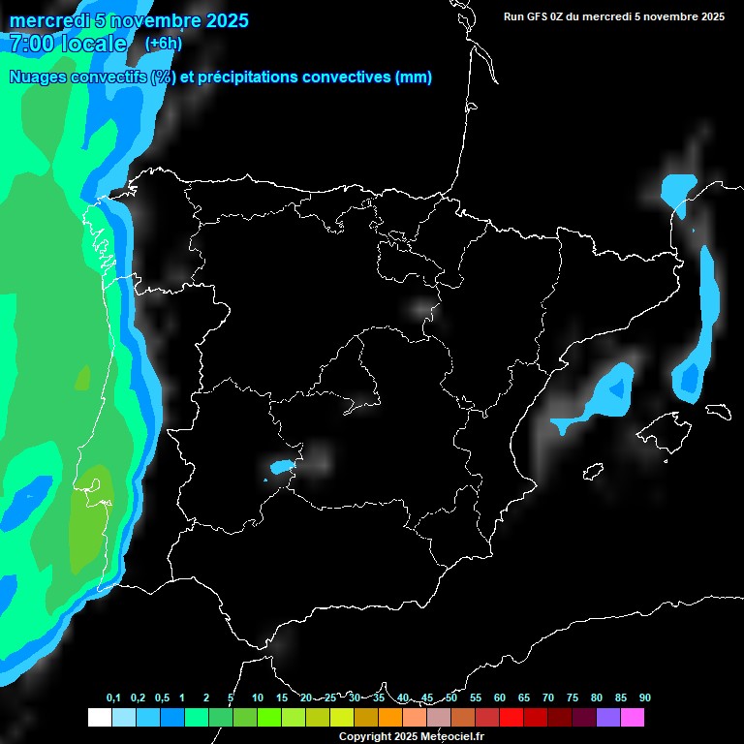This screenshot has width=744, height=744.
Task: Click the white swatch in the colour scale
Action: [99, 717]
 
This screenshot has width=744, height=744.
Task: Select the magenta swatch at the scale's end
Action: [633, 717]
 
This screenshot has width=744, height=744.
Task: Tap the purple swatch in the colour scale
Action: [608, 717]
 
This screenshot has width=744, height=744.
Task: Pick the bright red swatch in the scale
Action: [511, 717]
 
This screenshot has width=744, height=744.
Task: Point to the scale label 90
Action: [644, 697]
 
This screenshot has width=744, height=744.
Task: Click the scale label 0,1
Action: [113, 697]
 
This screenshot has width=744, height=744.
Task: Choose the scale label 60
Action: [499, 697]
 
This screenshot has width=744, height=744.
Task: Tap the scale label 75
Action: [572, 697]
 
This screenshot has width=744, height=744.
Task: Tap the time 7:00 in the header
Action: [31, 44]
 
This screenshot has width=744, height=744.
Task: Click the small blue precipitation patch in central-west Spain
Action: [281, 467]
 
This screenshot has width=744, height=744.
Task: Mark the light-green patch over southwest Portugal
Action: [90, 518]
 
